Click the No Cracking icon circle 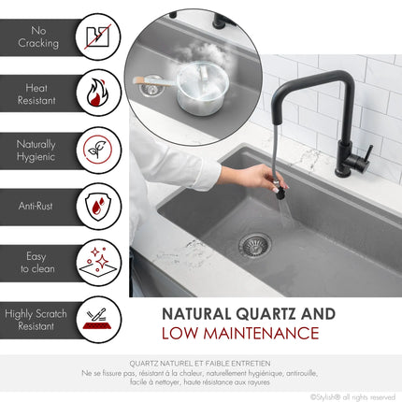pos(97,37)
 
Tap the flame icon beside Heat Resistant pos(97,93)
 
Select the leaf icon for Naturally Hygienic pos(97,149)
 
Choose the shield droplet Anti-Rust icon pos(97,205)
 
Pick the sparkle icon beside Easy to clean pos(97,261)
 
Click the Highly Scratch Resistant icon pos(97,318)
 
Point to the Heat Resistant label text pos(37,93)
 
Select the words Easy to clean pos(38,262)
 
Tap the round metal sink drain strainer pos(254,245)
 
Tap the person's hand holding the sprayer pos(249,175)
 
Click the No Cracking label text pos(38,37)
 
